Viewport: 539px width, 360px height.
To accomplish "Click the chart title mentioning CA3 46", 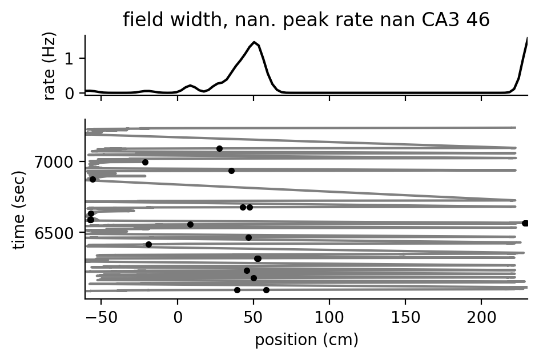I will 306,20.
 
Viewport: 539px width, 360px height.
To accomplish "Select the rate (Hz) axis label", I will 50,66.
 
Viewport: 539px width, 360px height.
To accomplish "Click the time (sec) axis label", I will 19,208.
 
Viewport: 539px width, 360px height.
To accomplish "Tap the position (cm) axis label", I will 306,341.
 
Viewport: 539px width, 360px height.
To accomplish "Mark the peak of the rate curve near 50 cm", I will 254,42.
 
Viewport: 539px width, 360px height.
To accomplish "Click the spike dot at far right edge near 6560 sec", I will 525,223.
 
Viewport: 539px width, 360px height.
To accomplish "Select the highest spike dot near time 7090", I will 219,148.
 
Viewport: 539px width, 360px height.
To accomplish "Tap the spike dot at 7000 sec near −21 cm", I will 145,162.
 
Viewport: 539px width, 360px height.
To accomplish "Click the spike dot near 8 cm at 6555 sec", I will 190,224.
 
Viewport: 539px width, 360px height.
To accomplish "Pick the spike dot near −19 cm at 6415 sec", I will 148,244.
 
